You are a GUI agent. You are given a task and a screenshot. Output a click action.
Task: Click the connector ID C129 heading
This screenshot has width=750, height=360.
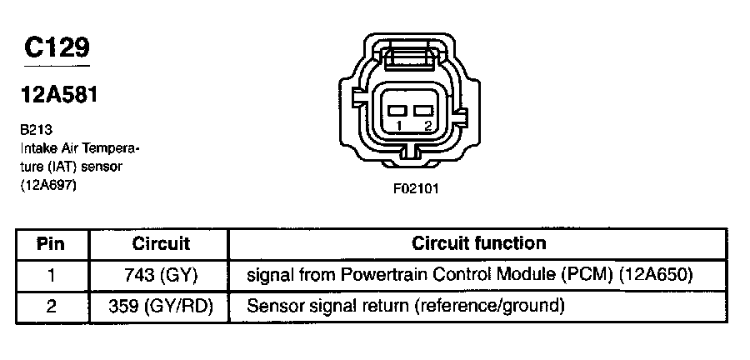click(57, 49)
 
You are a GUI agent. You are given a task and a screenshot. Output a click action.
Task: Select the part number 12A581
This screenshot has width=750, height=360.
click(59, 95)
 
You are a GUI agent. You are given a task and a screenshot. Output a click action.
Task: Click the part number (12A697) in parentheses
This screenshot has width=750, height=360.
click(49, 187)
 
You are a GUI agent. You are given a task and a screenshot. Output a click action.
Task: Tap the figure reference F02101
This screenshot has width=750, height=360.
click(415, 188)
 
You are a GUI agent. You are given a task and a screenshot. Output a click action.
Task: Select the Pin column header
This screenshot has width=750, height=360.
click(52, 244)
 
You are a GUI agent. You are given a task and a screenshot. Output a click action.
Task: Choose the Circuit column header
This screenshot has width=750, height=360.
click(161, 244)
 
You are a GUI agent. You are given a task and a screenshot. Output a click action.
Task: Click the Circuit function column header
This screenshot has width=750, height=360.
click(479, 243)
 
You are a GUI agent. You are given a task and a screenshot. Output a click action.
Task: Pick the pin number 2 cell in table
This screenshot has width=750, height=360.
click(52, 307)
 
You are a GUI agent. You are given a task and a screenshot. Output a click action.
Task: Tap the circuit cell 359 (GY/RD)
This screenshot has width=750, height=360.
click(161, 307)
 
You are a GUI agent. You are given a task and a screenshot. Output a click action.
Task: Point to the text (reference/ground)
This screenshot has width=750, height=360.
click(489, 307)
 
